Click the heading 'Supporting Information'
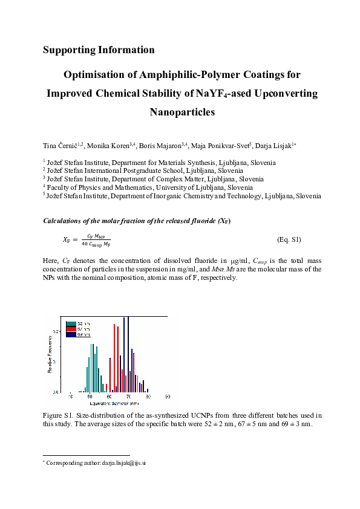tap(99, 50)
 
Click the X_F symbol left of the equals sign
tap(67, 240)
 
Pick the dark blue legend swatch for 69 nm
tap(71, 334)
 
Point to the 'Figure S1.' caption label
tap(59, 415)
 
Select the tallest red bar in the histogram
tap(114, 357)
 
